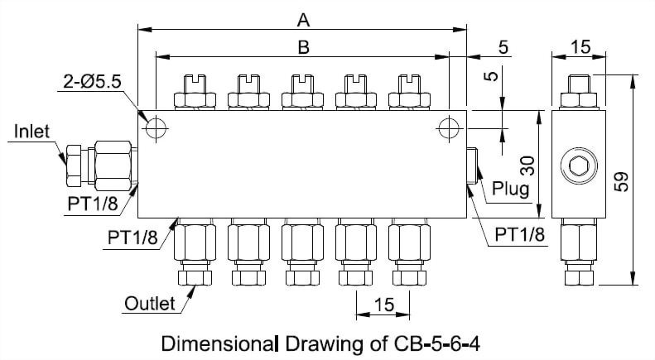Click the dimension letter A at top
coord(303,17)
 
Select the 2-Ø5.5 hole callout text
coord(92,82)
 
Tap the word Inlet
coord(31,132)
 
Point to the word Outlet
coord(149,304)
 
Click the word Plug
coord(510,188)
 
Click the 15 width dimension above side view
coord(580,47)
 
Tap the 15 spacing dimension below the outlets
coord(383,305)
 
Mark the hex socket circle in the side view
coord(579,166)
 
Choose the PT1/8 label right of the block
coord(520,235)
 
